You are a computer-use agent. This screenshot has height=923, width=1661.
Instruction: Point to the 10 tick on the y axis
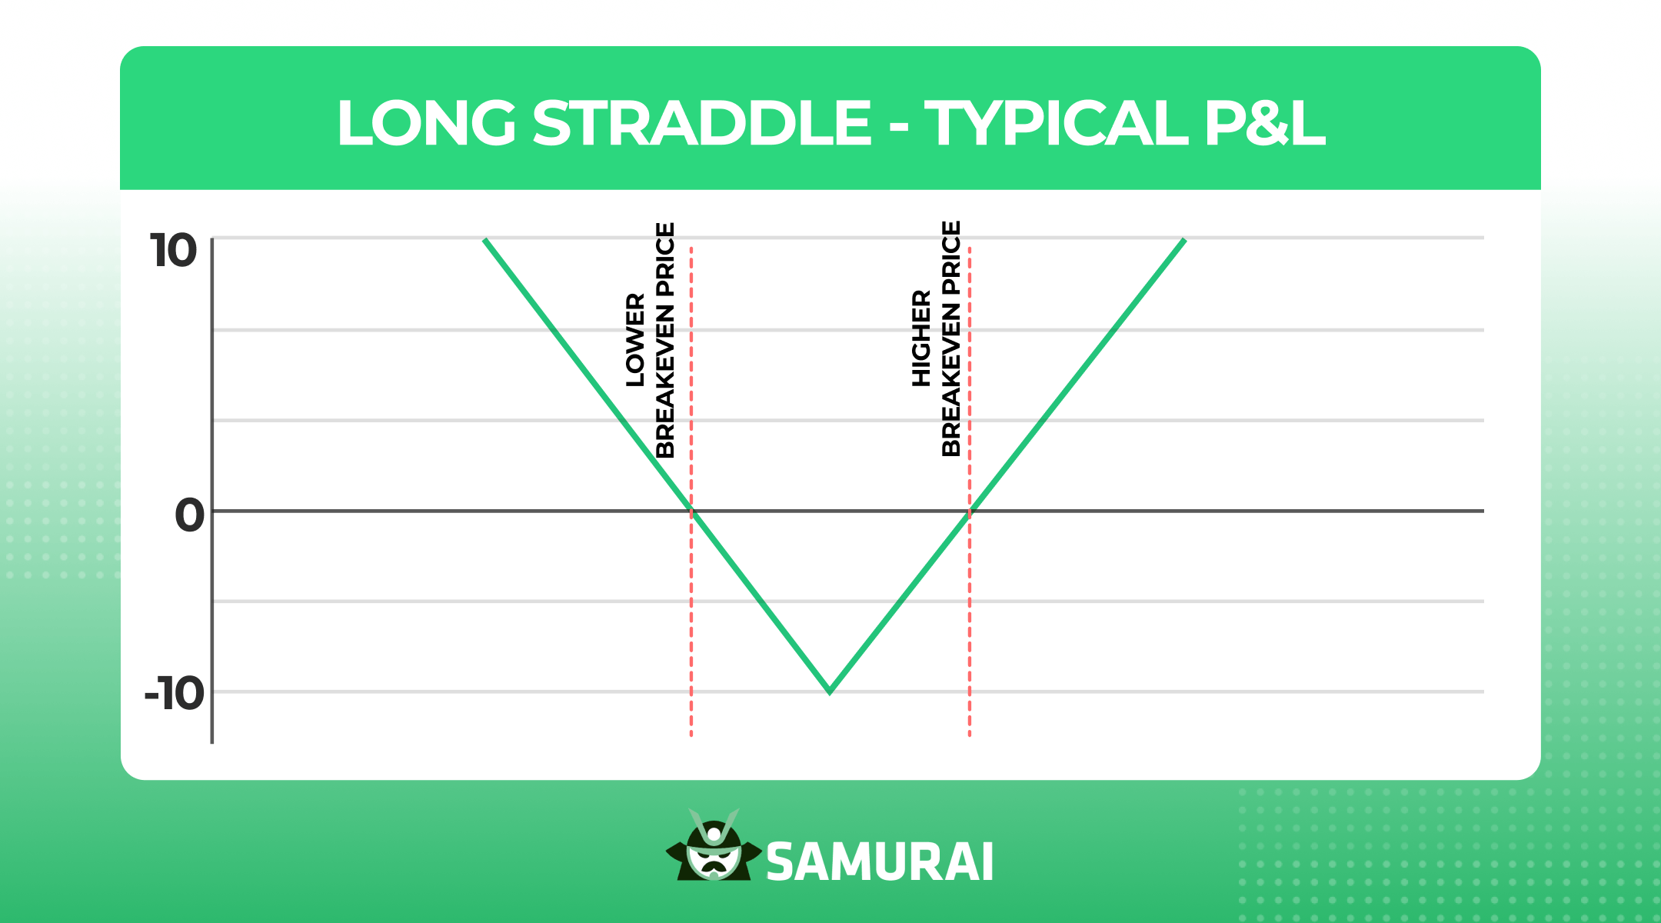174,252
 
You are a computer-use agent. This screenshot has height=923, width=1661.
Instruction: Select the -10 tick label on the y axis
175,694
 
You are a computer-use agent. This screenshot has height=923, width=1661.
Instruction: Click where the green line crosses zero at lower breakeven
691,511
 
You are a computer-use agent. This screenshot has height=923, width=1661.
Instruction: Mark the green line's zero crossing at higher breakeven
970,511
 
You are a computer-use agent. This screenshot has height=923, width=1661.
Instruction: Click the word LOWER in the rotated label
635,339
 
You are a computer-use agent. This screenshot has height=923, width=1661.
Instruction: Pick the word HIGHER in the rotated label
921,338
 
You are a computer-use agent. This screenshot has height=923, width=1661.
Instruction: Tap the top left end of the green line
484,241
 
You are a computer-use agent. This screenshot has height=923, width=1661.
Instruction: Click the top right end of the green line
1184,241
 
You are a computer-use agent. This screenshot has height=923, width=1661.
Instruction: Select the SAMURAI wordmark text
880,862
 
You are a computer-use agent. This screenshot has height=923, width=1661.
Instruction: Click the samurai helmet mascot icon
714,846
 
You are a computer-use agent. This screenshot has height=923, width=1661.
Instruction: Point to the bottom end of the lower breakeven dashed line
691,735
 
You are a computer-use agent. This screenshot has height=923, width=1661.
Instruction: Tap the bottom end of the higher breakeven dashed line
970,735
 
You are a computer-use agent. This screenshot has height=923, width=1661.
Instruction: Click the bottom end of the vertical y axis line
212,742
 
